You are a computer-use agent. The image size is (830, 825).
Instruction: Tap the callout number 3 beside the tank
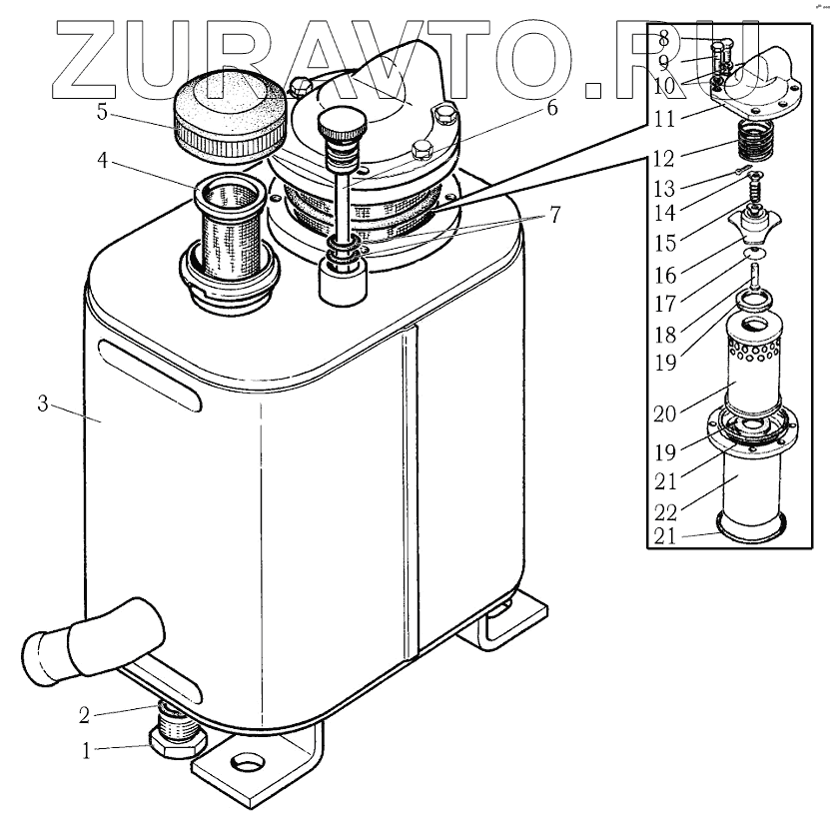pos(42,405)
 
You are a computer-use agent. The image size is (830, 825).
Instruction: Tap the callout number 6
pos(551,110)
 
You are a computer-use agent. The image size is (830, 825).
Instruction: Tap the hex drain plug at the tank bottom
pos(176,741)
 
